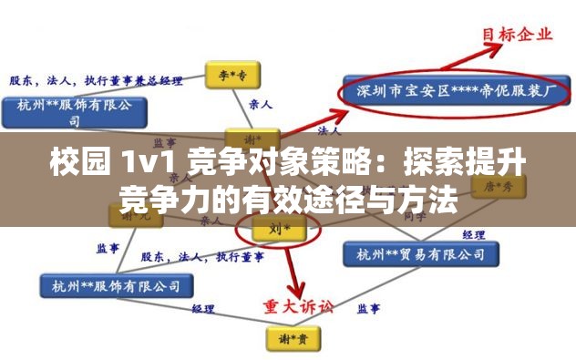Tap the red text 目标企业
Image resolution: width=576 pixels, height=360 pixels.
pyautogui.click(x=516, y=36)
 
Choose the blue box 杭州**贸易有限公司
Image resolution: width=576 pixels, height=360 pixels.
pyautogui.click(x=412, y=252)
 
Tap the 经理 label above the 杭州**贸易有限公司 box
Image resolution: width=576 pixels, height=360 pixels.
pyautogui.click(x=473, y=234)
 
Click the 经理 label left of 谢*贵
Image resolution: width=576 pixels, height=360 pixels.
pyautogui.click(x=201, y=309)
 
